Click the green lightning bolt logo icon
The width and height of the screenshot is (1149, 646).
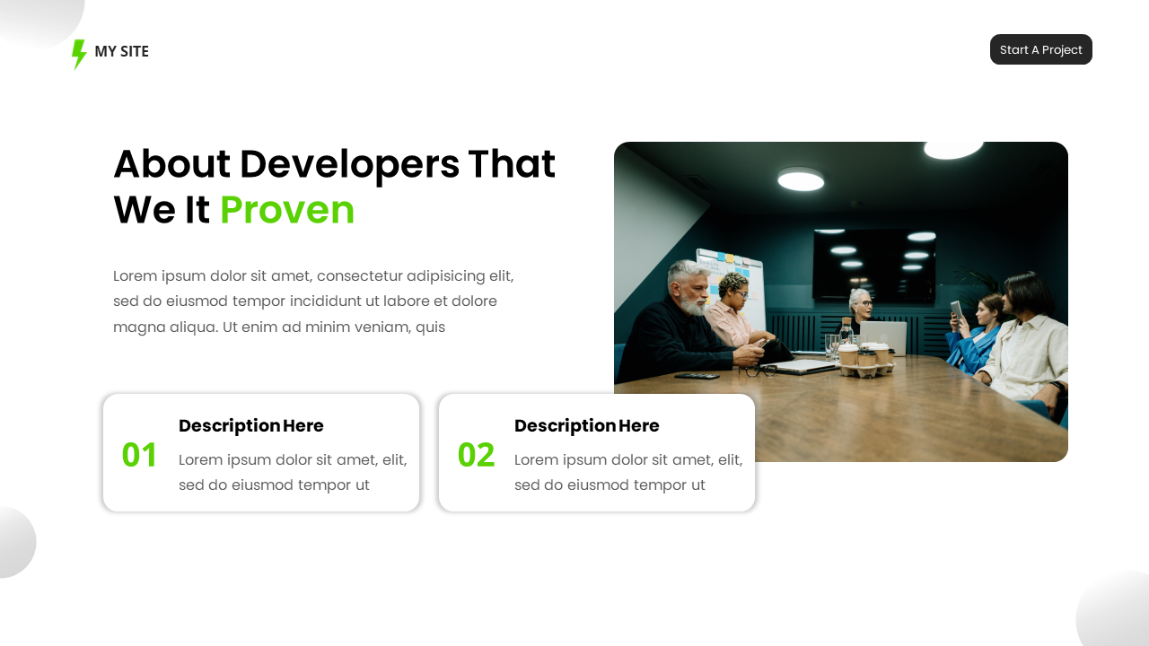point(79,53)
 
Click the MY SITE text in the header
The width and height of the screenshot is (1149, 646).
point(121,51)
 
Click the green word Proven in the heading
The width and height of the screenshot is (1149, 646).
point(287,210)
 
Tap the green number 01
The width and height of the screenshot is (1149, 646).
point(139,455)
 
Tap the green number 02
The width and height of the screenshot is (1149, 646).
point(476,455)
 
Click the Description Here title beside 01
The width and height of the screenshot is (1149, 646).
point(250,426)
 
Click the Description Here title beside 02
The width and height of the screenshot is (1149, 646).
point(586,426)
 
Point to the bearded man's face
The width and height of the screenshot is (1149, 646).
point(689,288)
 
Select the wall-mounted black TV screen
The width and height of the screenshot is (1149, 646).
point(873,262)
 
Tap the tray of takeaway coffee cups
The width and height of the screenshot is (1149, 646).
point(864,360)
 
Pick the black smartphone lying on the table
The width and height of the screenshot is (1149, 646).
point(696,376)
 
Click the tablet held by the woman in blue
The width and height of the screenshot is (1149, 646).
point(956,311)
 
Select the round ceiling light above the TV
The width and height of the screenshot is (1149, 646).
point(801,179)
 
